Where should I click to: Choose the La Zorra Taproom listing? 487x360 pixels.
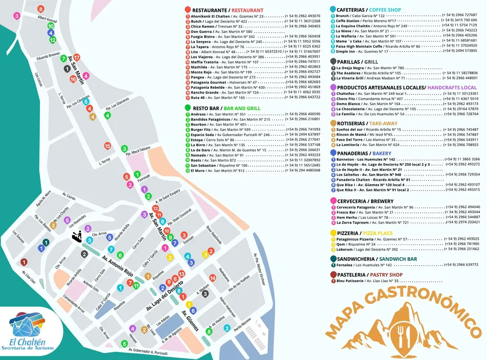pos(370,222)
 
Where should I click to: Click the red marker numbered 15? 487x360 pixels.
pos(108,146)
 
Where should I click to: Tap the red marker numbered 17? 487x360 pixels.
pos(76,57)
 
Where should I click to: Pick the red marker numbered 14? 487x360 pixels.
pos(212,278)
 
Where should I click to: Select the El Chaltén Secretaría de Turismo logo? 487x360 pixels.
pos(30,331)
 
